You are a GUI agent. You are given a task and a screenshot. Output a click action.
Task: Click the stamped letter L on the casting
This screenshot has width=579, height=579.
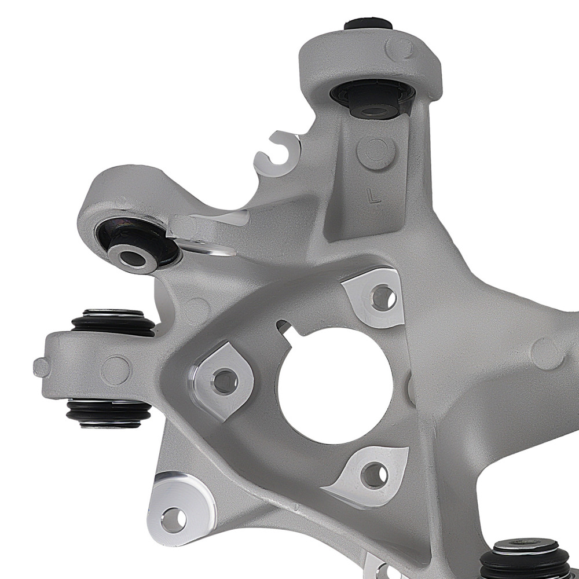[x=374, y=197]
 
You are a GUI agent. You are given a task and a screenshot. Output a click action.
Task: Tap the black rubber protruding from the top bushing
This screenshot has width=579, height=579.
[x=367, y=25]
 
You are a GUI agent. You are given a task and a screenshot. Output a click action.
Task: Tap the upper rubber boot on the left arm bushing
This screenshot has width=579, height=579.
[x=113, y=322]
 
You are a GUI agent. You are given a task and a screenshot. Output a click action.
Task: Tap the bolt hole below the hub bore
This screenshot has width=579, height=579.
[x=373, y=475]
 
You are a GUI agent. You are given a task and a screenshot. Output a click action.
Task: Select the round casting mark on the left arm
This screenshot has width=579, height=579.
[x=115, y=369]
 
